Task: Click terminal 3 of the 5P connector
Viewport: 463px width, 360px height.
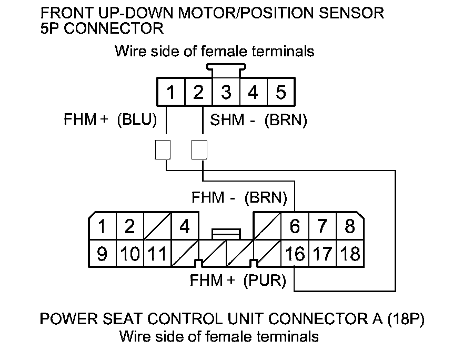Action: [226, 93]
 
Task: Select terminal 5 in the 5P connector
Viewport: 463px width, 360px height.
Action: [280, 93]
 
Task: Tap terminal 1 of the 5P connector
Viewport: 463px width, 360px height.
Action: [170, 93]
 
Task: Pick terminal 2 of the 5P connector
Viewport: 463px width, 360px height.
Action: [198, 93]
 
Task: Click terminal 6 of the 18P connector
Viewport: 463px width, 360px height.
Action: [295, 227]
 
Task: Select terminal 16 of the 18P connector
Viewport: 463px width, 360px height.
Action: [295, 254]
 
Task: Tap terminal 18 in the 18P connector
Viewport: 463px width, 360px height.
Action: [350, 254]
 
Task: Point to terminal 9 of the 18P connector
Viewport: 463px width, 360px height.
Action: [103, 254]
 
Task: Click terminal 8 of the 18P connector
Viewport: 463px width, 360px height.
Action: [350, 227]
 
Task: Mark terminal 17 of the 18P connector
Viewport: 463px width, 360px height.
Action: [323, 254]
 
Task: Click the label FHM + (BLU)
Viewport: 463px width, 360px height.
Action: [110, 120]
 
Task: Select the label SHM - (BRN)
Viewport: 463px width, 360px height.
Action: [258, 120]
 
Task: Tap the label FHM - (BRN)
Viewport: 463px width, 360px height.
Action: [239, 198]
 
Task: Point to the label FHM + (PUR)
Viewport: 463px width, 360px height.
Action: [238, 281]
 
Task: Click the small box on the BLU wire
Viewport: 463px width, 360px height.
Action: [163, 149]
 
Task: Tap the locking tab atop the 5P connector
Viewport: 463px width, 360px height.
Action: [226, 67]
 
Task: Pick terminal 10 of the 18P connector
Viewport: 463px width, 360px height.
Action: [129, 254]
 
